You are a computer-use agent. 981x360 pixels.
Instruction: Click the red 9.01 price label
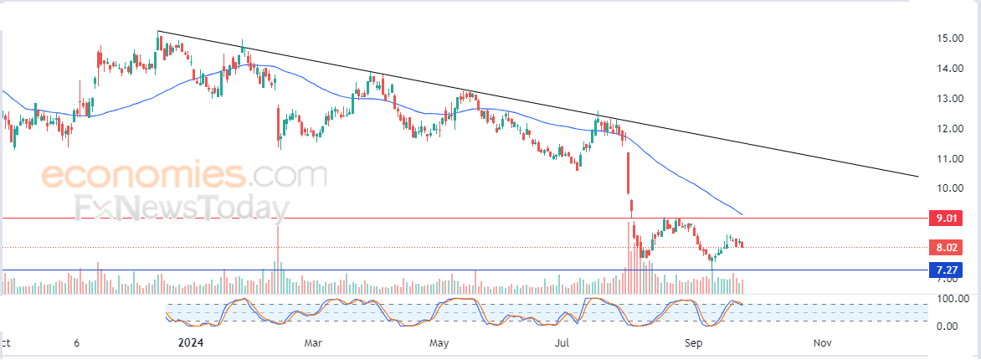pos(946,219)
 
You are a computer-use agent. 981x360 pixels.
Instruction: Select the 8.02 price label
pos(946,247)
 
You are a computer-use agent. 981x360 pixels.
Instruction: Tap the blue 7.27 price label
pos(946,270)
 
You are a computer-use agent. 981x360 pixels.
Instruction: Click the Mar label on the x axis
pos(313,343)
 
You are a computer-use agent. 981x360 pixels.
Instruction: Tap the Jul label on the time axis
pos(563,343)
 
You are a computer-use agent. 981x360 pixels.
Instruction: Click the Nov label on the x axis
pos(822,343)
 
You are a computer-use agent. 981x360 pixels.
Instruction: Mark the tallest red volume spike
pos(278,251)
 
